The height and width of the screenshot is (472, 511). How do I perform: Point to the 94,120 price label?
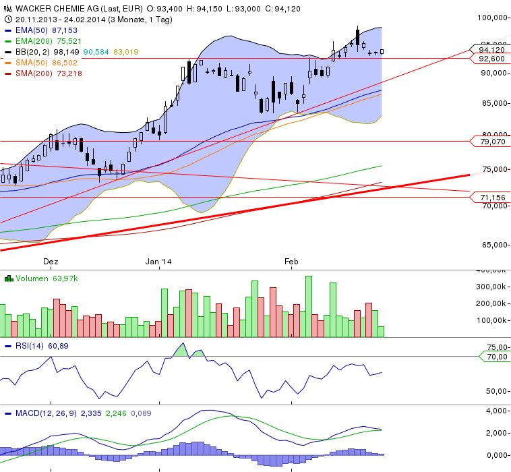[491, 49]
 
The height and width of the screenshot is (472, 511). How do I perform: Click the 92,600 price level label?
[491, 59]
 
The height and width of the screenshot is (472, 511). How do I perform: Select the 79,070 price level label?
[491, 142]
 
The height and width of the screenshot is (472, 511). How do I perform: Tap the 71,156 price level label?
[491, 198]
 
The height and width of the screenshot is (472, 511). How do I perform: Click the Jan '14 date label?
[159, 261]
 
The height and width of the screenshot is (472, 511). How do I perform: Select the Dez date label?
[51, 261]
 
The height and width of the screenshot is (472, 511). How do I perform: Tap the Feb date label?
[291, 261]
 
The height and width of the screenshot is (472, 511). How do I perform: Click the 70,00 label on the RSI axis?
[497, 356]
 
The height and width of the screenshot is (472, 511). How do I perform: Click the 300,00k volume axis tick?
[491, 287]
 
